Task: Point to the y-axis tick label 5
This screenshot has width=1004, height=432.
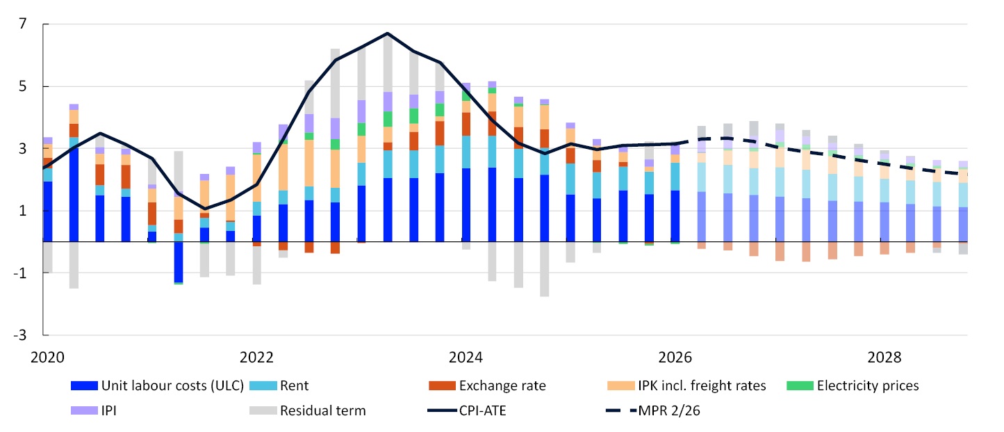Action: (23, 86)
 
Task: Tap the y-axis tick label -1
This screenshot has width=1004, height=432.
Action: (19, 273)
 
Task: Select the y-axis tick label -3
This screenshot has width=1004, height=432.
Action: (19, 335)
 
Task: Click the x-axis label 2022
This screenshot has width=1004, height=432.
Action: (256, 358)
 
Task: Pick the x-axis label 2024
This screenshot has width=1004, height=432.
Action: (466, 358)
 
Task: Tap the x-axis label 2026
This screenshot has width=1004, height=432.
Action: (675, 358)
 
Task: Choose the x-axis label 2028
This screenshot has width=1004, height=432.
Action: (884, 358)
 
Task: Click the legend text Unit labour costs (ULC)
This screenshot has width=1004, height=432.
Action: (172, 386)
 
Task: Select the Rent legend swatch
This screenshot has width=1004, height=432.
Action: (263, 386)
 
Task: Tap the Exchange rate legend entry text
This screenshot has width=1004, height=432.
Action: (502, 386)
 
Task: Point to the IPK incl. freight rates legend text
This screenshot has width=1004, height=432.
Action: (702, 386)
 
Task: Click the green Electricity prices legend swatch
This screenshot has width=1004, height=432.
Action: (800, 386)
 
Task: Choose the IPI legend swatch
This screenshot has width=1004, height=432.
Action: (84, 410)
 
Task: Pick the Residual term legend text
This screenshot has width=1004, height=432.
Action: (322, 410)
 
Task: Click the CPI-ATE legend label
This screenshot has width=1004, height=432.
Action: (482, 410)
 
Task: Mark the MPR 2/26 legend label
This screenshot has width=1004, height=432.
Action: (668, 410)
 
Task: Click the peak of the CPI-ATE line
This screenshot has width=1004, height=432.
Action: (388, 33)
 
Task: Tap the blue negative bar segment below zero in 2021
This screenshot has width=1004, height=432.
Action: (179, 262)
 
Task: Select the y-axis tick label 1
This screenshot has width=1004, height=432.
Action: (23, 211)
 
